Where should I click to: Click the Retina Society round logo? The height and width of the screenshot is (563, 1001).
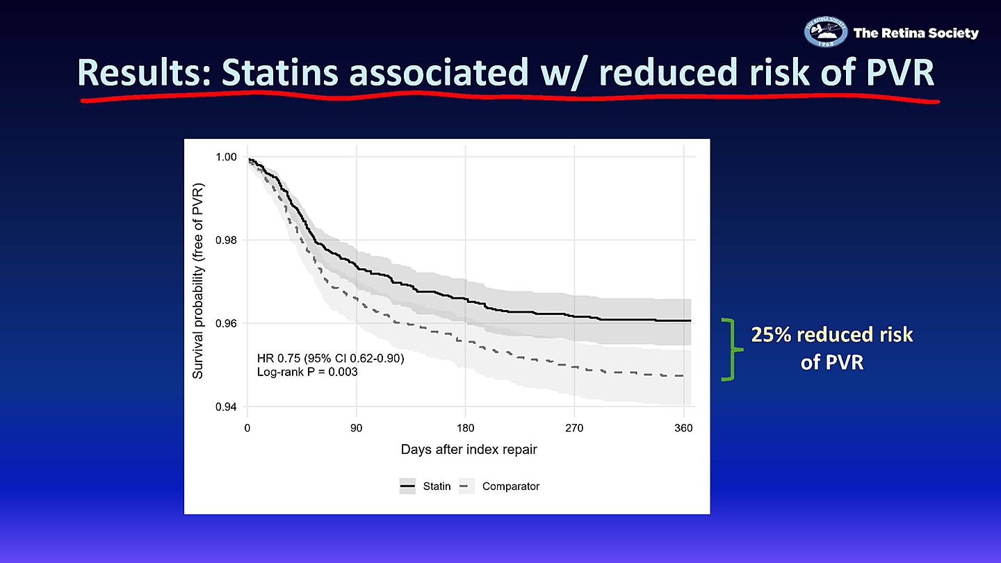click(x=825, y=32)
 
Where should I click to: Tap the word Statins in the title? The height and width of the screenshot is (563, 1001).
click(x=279, y=72)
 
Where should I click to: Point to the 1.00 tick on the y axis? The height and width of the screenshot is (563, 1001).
click(x=226, y=157)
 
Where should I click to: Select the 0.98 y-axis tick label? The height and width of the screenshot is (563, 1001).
click(x=226, y=240)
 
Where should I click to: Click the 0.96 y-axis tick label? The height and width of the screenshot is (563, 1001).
click(x=226, y=323)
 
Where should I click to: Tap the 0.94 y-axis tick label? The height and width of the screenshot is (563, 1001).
click(x=226, y=407)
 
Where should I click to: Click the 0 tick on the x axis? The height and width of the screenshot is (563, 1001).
click(x=247, y=428)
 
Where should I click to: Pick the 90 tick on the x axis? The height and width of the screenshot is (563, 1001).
click(x=356, y=428)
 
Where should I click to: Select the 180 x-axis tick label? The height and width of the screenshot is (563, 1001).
click(x=465, y=428)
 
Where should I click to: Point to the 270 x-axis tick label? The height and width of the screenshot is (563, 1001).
click(x=574, y=428)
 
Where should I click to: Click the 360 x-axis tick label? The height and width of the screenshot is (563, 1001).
click(x=683, y=428)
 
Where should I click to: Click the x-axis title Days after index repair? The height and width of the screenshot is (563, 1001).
click(x=469, y=450)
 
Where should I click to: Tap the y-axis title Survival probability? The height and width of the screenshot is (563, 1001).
click(x=197, y=281)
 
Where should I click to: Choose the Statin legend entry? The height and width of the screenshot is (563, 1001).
click(x=425, y=486)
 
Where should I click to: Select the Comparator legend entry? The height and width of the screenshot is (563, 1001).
click(x=499, y=486)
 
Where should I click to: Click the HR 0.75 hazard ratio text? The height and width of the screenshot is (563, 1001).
click(x=331, y=359)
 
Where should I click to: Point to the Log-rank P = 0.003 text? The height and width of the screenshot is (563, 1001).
click(x=307, y=372)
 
